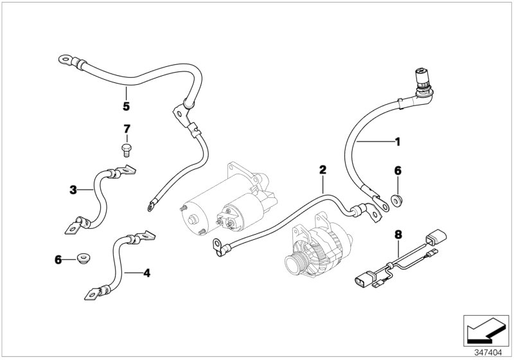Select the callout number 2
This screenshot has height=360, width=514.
point(323,170)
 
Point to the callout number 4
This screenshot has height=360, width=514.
point(146,273)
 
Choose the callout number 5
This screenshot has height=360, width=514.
point(126,106)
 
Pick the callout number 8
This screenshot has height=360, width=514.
point(398,236)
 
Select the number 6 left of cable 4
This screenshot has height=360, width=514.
point(58,259)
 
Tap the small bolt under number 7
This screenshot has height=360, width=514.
point(127,150)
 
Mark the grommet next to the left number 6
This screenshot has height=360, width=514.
point(82,259)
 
